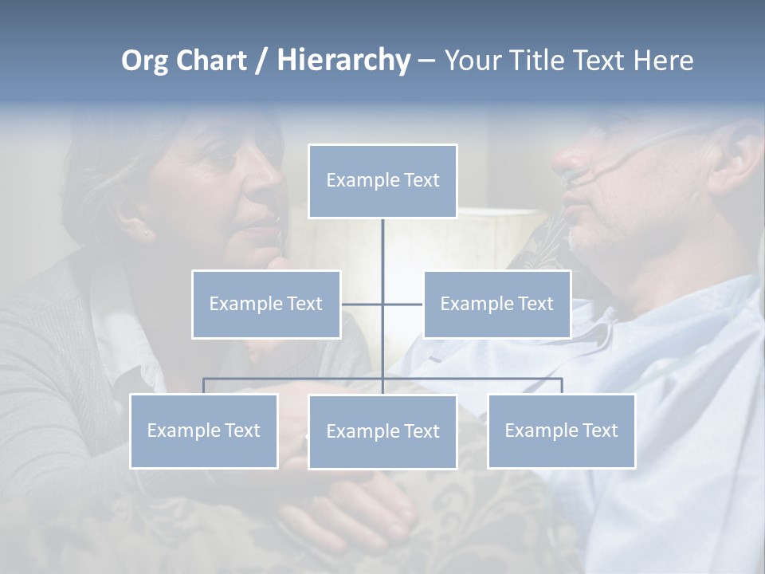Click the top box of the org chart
coord(382,181)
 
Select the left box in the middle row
coord(266,304)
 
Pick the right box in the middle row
coord(496,304)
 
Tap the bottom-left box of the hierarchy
coord(204,431)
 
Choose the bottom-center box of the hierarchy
coord(382,431)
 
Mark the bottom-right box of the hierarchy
coord(561,431)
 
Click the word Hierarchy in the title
coord(343,61)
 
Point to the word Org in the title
coord(144,61)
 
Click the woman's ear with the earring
coord(146,231)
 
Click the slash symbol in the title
coord(261,61)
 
